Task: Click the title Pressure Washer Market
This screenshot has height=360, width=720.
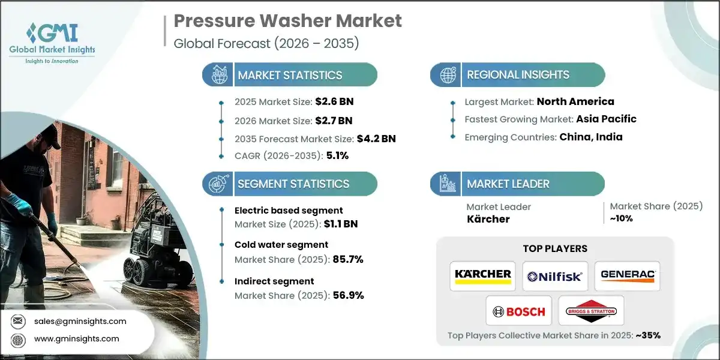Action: click(288, 22)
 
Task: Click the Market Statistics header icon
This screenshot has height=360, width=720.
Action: click(218, 75)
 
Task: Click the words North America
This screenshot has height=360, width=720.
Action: click(575, 101)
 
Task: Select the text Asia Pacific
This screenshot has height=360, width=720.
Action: click(606, 119)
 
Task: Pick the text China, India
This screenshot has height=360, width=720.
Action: click(591, 137)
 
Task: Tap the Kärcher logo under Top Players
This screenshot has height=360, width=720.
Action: click(482, 276)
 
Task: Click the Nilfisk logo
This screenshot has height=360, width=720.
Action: click(554, 276)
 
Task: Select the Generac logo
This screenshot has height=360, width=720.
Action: click(627, 276)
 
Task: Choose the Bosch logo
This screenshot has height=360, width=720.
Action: click(518, 311)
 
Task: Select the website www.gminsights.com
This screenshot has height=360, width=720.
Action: click(76, 339)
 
